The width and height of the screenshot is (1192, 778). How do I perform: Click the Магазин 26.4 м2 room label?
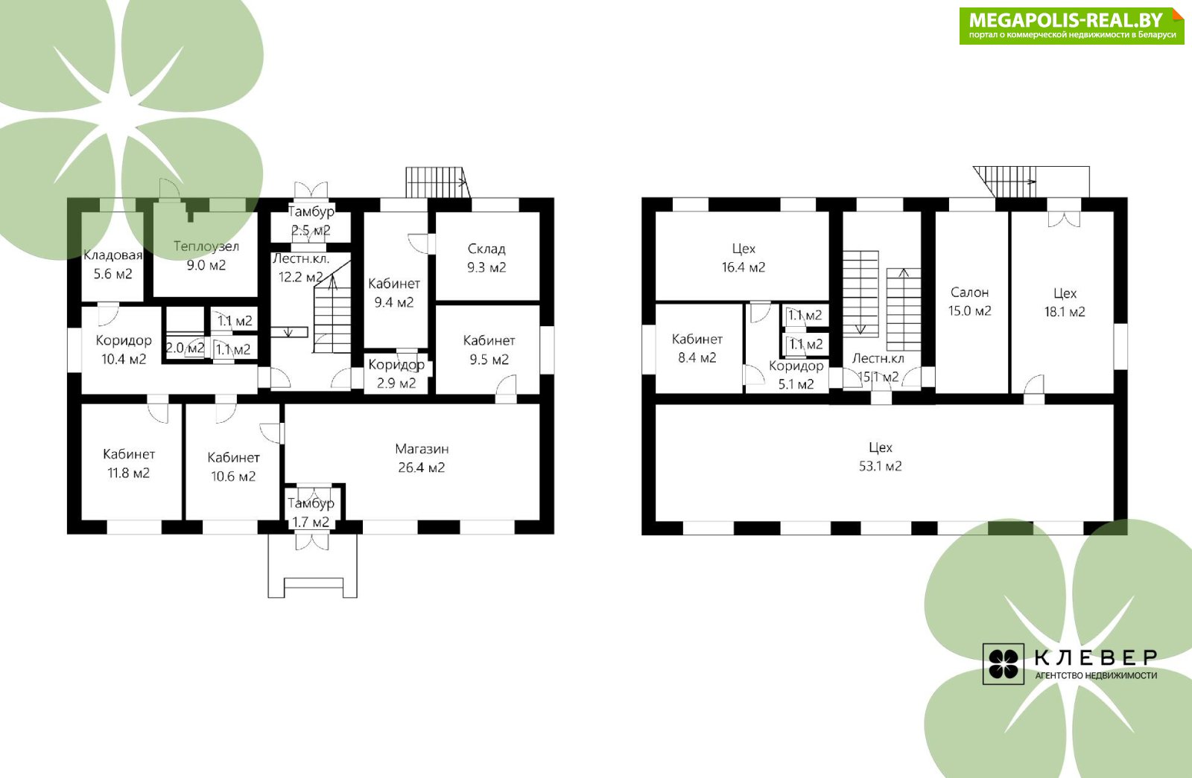coord(422,458)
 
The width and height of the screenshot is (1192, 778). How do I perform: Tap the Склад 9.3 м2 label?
coord(486,258)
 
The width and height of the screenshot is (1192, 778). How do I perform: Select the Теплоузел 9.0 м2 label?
coord(206,255)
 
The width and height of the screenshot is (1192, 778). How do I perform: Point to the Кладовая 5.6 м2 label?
coord(112,264)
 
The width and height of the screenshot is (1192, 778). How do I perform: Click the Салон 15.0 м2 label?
coord(969,302)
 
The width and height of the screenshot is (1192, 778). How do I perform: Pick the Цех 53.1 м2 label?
coord(880,457)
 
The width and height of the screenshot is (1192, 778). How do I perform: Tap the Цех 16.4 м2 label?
coord(744,258)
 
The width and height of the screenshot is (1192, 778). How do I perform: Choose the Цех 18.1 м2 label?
coord(1065,302)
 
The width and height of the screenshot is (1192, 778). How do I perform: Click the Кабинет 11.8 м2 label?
coord(129,463)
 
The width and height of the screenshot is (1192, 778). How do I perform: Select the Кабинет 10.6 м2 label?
coord(234,466)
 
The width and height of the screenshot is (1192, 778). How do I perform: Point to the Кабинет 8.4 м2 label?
coord(697,348)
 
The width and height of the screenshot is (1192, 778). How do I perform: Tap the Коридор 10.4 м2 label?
coord(124,349)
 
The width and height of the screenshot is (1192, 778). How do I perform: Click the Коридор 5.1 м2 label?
coord(796,375)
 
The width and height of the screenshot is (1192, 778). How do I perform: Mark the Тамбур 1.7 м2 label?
coord(311,512)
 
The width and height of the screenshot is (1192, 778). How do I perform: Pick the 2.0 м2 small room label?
coord(186,348)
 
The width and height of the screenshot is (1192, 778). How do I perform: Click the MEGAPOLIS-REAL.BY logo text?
coord(1066,20)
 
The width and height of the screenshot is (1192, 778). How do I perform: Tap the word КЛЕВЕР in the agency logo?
coord(1096,658)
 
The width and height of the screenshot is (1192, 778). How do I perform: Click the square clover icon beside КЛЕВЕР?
coord(1003,663)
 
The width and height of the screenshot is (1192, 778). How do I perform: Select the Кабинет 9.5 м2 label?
coord(489,350)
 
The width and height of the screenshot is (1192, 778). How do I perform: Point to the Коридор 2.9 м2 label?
coord(396,373)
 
